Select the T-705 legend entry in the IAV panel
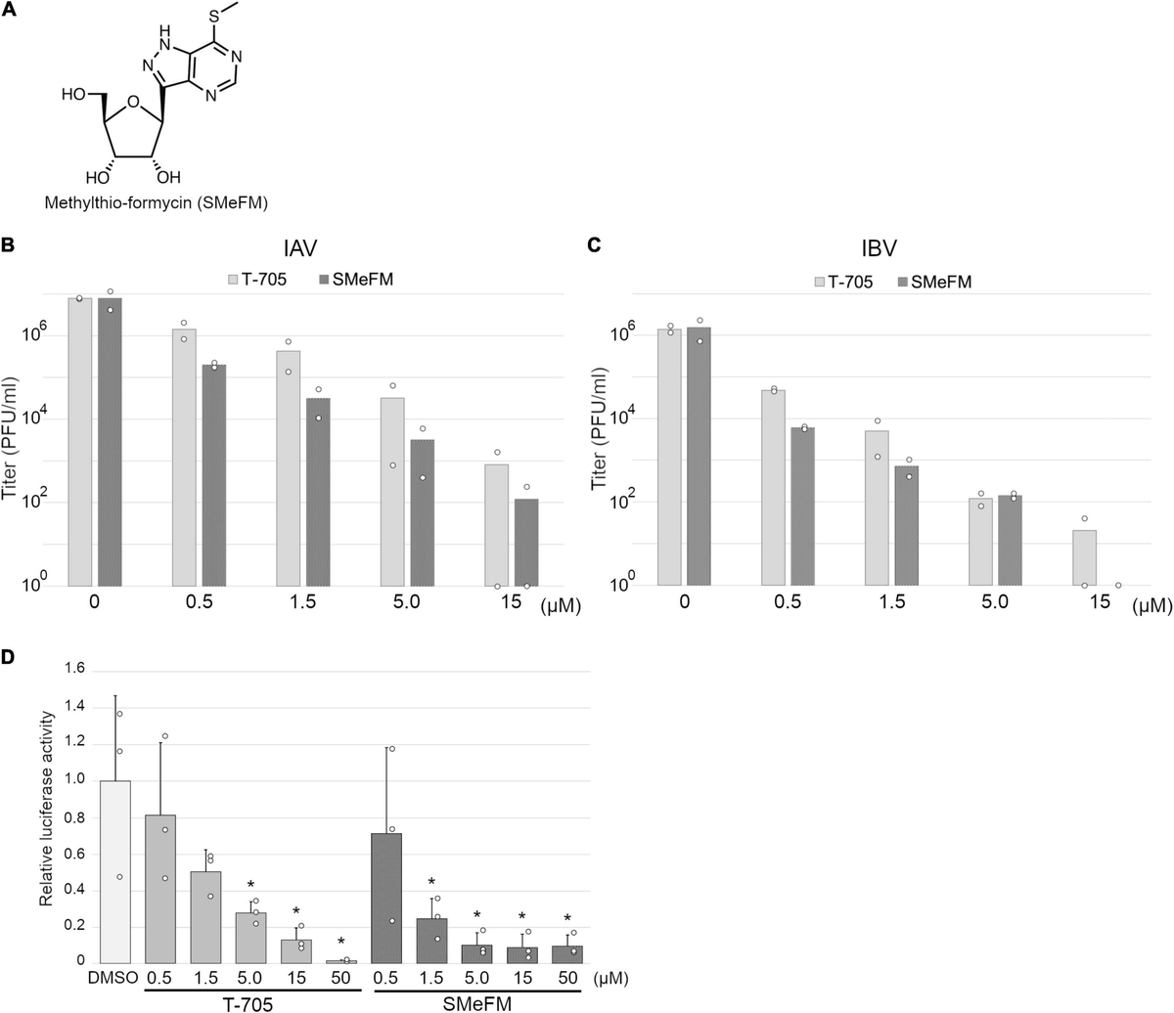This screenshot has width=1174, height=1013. [255, 280]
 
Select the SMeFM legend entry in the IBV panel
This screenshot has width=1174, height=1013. [934, 282]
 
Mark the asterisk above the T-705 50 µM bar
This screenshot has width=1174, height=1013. [341, 943]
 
